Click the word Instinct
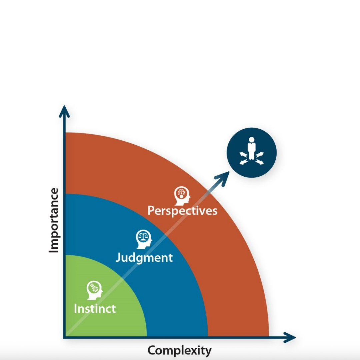point(95,308)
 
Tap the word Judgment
point(144,258)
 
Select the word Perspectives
point(182,211)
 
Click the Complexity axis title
point(179,351)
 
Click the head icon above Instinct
point(94,290)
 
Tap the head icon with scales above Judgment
point(144,238)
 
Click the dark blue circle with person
point(251,153)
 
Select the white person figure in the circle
point(251,148)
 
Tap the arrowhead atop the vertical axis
point(64,111)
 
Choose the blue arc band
point(177,300)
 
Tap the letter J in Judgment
point(119,257)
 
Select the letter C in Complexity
point(152,350)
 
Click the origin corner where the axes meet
point(65,337)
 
